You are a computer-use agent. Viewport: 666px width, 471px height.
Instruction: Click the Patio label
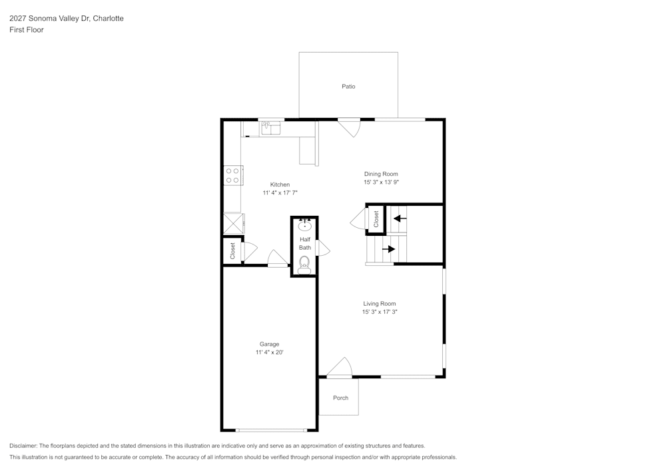pos(348,86)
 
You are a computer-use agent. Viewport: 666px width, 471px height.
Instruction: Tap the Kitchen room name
pos(280,185)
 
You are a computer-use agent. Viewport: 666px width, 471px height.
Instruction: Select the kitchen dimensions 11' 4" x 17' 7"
pos(280,193)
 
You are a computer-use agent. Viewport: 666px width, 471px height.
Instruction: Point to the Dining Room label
pos(381,174)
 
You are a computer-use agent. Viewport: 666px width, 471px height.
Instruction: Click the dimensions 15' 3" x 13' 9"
pos(381,182)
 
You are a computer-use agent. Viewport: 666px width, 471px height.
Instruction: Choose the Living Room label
pos(379,304)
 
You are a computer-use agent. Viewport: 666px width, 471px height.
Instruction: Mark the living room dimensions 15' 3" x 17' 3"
pos(380,312)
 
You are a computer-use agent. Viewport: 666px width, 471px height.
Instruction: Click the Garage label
pos(270,344)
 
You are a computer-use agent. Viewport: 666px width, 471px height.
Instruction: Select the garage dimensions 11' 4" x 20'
pos(270,352)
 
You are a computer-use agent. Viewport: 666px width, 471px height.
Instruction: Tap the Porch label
pos(340,398)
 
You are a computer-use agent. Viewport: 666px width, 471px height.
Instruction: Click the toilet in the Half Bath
pos(304,264)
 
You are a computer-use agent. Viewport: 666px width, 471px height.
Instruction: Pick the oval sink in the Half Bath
pos(304,225)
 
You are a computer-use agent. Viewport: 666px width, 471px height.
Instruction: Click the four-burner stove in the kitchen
pos(232,175)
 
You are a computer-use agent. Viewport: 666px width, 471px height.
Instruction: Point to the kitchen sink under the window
pos(271,127)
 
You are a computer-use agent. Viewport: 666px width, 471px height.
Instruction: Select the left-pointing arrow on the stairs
pos(400,218)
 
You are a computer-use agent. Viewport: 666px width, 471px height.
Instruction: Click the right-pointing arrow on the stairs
pos(388,249)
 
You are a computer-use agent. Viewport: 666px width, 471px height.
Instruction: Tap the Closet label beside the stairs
pos(376,219)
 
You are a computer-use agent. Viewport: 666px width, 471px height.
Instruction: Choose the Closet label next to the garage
pos(232,250)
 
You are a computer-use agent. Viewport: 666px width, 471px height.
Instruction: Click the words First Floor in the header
pos(27,30)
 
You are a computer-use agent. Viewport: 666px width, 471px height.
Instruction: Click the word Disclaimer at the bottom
pos(23,446)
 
